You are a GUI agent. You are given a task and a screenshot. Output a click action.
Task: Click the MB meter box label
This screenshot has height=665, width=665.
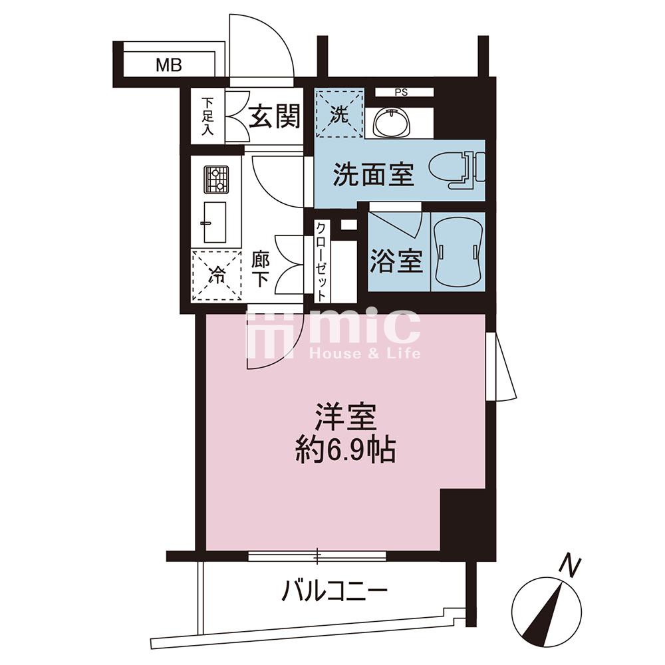[169, 65]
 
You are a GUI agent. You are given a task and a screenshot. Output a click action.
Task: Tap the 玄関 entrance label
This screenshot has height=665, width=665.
[275, 116]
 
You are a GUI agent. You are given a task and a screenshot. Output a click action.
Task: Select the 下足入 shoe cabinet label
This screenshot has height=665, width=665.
[207, 116]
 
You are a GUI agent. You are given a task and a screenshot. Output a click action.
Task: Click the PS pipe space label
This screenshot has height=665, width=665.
[401, 92]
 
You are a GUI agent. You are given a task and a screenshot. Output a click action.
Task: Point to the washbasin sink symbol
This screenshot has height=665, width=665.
[392, 122]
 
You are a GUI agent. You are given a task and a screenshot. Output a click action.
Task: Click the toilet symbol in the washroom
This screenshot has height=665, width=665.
[457, 170]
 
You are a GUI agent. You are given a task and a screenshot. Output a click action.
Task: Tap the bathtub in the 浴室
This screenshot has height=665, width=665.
[458, 252]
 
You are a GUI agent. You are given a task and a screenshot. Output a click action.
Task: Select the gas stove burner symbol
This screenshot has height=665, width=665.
[216, 180]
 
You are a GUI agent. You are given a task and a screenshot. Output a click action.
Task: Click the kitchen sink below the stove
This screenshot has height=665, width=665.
[215, 222]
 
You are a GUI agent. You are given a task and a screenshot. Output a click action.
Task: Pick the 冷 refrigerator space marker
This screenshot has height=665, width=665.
[216, 276]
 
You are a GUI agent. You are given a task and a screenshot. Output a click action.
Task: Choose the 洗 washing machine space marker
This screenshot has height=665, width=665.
[339, 113]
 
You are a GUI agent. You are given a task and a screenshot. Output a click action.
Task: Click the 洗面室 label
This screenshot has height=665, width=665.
[373, 174]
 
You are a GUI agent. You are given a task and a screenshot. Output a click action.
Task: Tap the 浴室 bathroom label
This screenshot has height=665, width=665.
[396, 261]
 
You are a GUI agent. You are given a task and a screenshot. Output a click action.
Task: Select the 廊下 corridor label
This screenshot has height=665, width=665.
[261, 269]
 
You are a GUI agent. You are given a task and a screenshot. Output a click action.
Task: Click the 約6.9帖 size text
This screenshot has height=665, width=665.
[345, 450]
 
